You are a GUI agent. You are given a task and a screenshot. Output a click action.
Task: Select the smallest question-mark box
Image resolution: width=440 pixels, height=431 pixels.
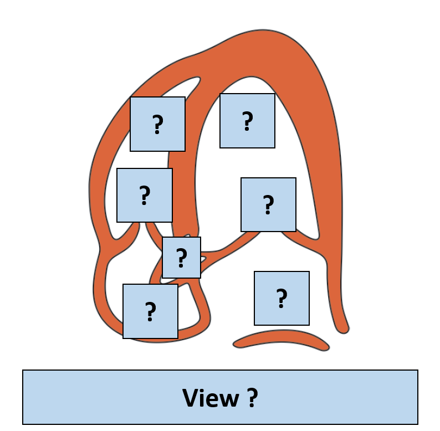(x=181, y=258)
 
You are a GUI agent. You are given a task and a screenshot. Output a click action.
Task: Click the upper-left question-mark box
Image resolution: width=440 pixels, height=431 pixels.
(x=157, y=124)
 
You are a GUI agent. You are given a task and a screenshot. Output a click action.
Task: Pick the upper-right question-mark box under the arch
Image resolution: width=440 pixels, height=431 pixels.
(x=247, y=121)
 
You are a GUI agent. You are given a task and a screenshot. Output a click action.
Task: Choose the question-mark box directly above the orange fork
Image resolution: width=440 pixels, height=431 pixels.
(x=144, y=195)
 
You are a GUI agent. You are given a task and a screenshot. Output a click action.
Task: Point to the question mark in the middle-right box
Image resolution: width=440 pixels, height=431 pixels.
(x=268, y=205)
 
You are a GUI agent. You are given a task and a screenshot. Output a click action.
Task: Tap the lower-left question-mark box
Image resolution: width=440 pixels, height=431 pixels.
(x=150, y=311)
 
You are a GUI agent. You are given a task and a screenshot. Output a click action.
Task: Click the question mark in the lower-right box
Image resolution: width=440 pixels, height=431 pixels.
(x=282, y=299)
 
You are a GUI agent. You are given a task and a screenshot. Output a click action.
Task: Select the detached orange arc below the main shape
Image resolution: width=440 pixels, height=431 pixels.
(x=282, y=337)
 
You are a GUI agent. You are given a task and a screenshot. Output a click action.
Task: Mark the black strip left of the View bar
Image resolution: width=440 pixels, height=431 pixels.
(x=11, y=419)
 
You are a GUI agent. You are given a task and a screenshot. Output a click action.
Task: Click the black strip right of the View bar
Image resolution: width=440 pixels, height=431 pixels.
(x=429, y=419)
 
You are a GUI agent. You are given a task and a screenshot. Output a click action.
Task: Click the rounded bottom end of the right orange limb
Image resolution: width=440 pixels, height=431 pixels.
(x=343, y=329)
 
